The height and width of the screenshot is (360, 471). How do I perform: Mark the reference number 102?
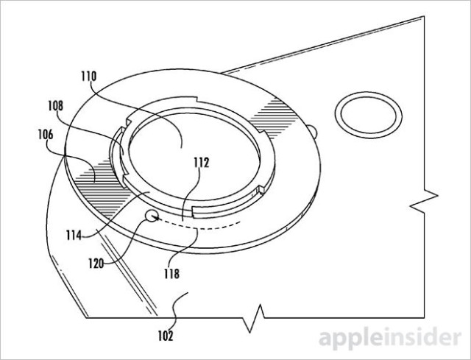pos(166,336)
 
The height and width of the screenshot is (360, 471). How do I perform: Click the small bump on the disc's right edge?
pos(314,133)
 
